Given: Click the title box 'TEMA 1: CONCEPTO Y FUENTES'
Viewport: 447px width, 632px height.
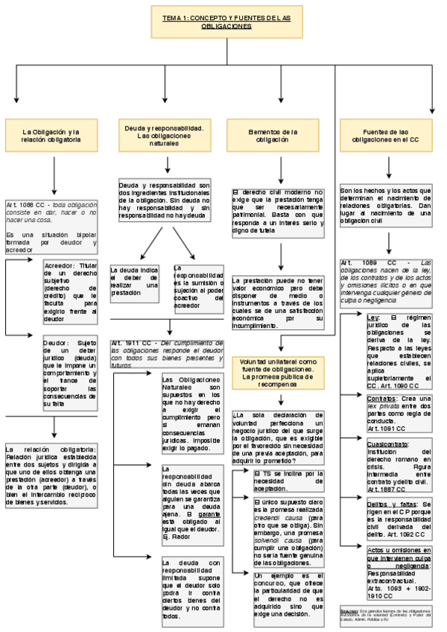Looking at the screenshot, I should pyautogui.click(x=227, y=22).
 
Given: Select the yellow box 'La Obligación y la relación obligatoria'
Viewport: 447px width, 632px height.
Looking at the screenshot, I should pyautogui.click(x=51, y=136).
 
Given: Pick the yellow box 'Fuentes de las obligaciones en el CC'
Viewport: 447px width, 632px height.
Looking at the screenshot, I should pyautogui.click(x=385, y=136).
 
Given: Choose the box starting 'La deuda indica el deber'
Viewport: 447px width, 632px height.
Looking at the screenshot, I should pyautogui.click(x=134, y=281).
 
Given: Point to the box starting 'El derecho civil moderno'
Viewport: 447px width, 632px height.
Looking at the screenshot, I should pyautogui.click(x=277, y=212).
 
